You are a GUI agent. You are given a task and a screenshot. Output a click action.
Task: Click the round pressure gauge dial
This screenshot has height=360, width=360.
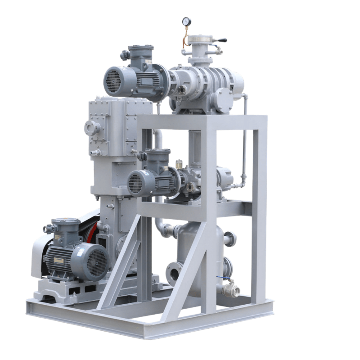[x=186, y=21]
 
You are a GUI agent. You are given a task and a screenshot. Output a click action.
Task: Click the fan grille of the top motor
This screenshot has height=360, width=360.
[x=112, y=81]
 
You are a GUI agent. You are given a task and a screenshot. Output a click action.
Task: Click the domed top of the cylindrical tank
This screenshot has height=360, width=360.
[x=198, y=227]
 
